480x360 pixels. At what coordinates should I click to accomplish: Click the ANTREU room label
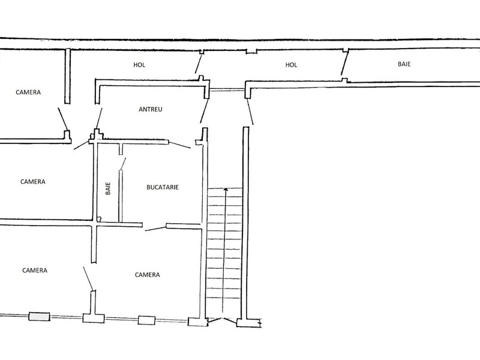pos(151,109)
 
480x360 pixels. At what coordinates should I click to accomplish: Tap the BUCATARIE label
pos(163,187)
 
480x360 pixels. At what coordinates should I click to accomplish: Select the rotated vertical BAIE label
pos(108,188)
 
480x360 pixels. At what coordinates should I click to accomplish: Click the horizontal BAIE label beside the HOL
pos(404,64)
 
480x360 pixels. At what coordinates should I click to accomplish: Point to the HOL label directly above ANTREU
pos(139,65)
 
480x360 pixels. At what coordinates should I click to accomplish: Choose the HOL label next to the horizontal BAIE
pos(291,65)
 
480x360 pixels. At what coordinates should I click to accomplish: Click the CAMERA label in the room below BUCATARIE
pos(147,275)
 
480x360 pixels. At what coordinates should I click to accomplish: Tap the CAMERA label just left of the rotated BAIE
pos(33,182)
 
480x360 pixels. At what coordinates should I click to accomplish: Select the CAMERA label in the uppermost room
pos(28,92)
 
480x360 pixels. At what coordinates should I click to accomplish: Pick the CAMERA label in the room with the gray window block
pos(35,271)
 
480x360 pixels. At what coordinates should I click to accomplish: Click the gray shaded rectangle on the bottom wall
pos(39,317)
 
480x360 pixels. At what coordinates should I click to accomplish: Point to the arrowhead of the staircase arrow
pos(226,190)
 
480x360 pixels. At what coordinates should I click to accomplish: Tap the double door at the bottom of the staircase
pos(222,321)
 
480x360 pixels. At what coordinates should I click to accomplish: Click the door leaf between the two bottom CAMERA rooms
pos(88,278)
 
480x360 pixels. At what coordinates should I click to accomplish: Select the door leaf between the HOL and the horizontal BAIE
pos(344,63)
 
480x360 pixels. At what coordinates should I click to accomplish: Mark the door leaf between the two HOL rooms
pos(199,64)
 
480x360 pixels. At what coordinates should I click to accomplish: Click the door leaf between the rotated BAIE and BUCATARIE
pos(123,164)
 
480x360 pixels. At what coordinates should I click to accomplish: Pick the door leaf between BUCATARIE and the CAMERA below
pos(155,229)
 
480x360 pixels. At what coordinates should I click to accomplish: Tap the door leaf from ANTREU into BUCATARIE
pos(179,145)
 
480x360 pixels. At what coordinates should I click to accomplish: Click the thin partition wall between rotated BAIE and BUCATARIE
pos(121,196)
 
